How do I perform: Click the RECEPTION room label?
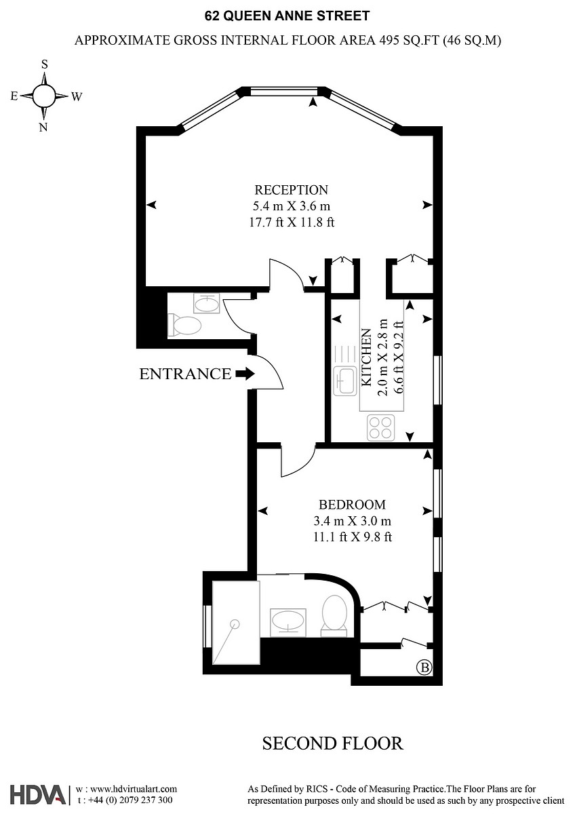[291, 190]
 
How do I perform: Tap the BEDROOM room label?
[352, 505]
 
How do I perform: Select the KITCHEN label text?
[366, 357]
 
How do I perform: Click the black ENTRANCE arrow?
[245, 373]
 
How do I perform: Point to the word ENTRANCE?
[185, 374]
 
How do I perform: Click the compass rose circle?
[44, 96]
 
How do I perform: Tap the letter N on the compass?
[43, 127]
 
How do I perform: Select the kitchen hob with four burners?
[380, 428]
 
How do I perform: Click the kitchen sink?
[346, 381]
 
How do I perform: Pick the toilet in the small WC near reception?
[184, 326]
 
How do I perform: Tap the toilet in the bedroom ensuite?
[334, 614]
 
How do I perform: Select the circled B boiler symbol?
[424, 667]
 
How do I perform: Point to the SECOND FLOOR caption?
[332, 743]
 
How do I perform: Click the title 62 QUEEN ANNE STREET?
[287, 15]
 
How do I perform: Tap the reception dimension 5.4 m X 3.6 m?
[291, 206]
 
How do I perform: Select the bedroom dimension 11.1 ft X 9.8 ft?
[352, 537]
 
